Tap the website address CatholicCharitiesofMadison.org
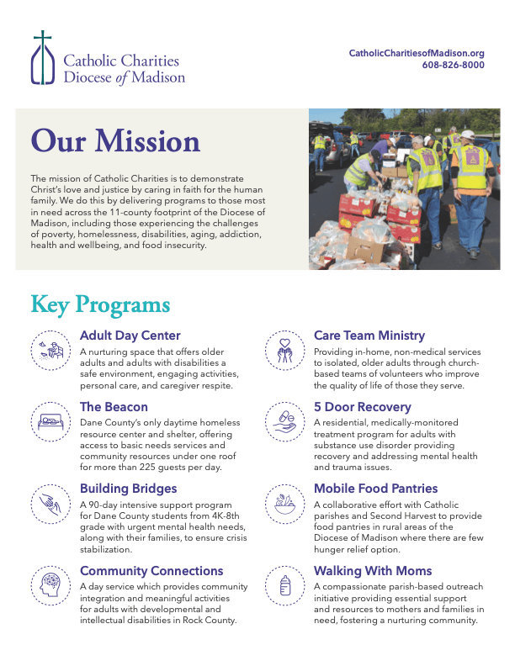[417, 53]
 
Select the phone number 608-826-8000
[453, 65]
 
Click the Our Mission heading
[115, 140]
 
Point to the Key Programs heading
[100, 304]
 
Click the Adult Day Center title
[130, 336]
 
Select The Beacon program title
[114, 407]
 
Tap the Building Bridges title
[128, 488]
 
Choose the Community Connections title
[151, 571]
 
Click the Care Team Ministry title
[369, 336]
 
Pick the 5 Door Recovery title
[363, 407]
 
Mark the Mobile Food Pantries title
[375, 488]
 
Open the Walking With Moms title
[373, 571]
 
